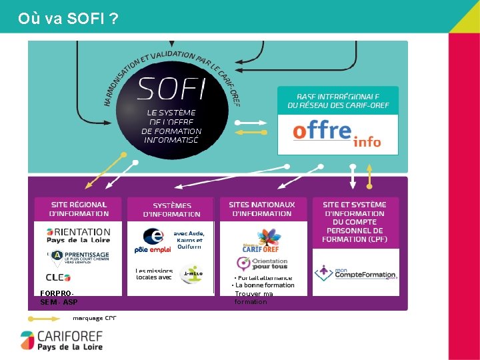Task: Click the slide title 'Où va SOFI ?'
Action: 69,18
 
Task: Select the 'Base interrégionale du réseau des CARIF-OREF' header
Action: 337,101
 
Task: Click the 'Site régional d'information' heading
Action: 79,209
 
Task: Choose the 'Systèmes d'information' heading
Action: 171,209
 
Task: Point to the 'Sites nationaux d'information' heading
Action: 261,209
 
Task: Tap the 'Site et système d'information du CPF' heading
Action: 355,221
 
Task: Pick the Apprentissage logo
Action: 79,256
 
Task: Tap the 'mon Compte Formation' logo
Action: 355,272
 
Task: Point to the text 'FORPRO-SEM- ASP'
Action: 59,297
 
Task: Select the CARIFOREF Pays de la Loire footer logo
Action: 61,340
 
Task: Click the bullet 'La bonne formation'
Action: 264,285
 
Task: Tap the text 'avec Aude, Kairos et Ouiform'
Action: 189,240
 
